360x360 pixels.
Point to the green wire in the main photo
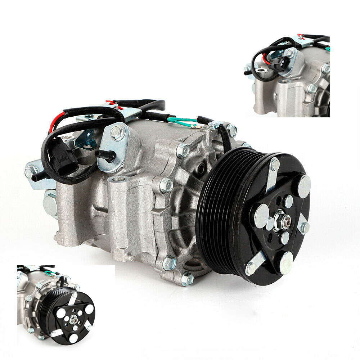click(182, 121)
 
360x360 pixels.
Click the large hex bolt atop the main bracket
click(117, 132)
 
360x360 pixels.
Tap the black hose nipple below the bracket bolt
click(105, 155)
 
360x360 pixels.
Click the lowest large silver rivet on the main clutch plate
click(286, 262)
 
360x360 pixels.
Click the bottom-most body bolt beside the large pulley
click(187, 279)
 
